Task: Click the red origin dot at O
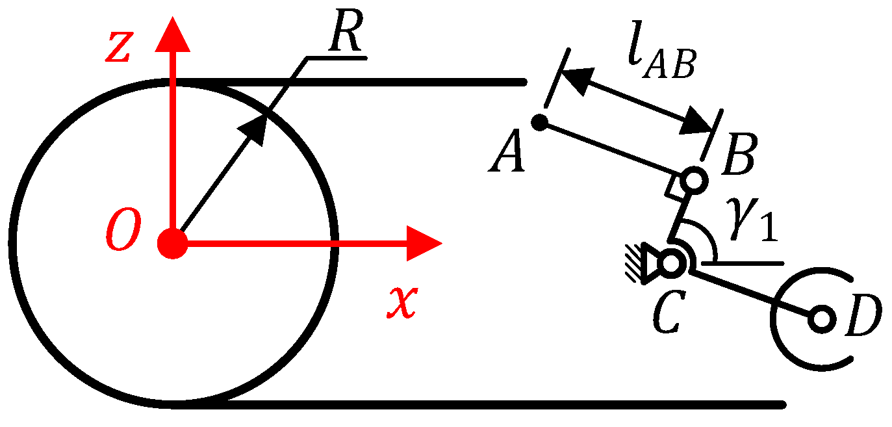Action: tap(173, 244)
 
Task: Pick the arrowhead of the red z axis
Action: tap(173, 36)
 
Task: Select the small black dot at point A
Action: tap(539, 122)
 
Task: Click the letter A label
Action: tap(507, 155)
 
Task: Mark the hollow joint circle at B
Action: tap(694, 179)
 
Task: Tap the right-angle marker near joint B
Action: tap(672, 188)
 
